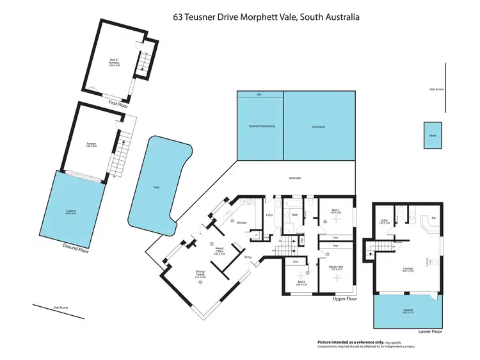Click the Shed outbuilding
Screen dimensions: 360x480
coord(432,135)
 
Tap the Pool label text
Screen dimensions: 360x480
coord(156,188)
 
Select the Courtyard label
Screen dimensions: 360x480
coord(319,127)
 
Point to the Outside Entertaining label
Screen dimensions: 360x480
coord(262,126)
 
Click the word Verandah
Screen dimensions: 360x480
coord(295,177)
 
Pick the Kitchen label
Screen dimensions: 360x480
coord(242,222)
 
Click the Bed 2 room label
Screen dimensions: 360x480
coord(336,209)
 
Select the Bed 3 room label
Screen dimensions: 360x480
coord(301,282)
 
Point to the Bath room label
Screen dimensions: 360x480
coord(295,215)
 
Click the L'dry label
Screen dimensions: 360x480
coord(269,215)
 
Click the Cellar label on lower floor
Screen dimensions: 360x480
coord(385,220)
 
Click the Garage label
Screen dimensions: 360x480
coord(91,143)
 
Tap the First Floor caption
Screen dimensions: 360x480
coord(119,102)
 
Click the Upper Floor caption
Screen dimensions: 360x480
coord(344,299)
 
